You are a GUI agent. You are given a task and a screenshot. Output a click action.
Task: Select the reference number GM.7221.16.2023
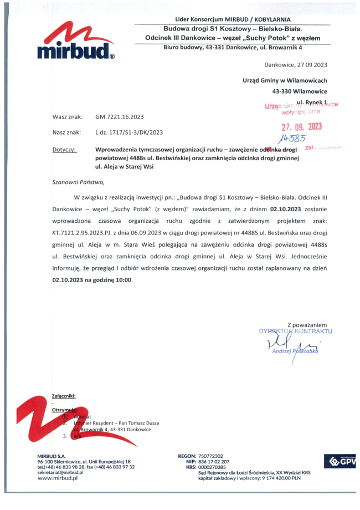(119, 117)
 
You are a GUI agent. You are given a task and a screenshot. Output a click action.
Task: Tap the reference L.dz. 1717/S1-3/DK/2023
(129, 132)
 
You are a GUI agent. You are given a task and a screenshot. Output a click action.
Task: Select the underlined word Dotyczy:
(65, 150)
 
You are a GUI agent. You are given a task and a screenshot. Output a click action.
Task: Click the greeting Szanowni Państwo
(78, 181)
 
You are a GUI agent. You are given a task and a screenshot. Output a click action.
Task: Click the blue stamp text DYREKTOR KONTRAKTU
(295, 331)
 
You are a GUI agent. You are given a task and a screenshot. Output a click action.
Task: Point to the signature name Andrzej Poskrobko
(296, 351)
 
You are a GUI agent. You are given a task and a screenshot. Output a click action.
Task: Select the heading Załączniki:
(64, 396)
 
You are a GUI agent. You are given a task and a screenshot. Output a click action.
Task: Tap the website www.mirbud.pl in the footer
(56, 478)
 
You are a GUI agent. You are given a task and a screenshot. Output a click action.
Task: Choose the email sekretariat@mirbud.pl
(60, 472)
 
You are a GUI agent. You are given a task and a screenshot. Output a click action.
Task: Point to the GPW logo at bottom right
(339, 461)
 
